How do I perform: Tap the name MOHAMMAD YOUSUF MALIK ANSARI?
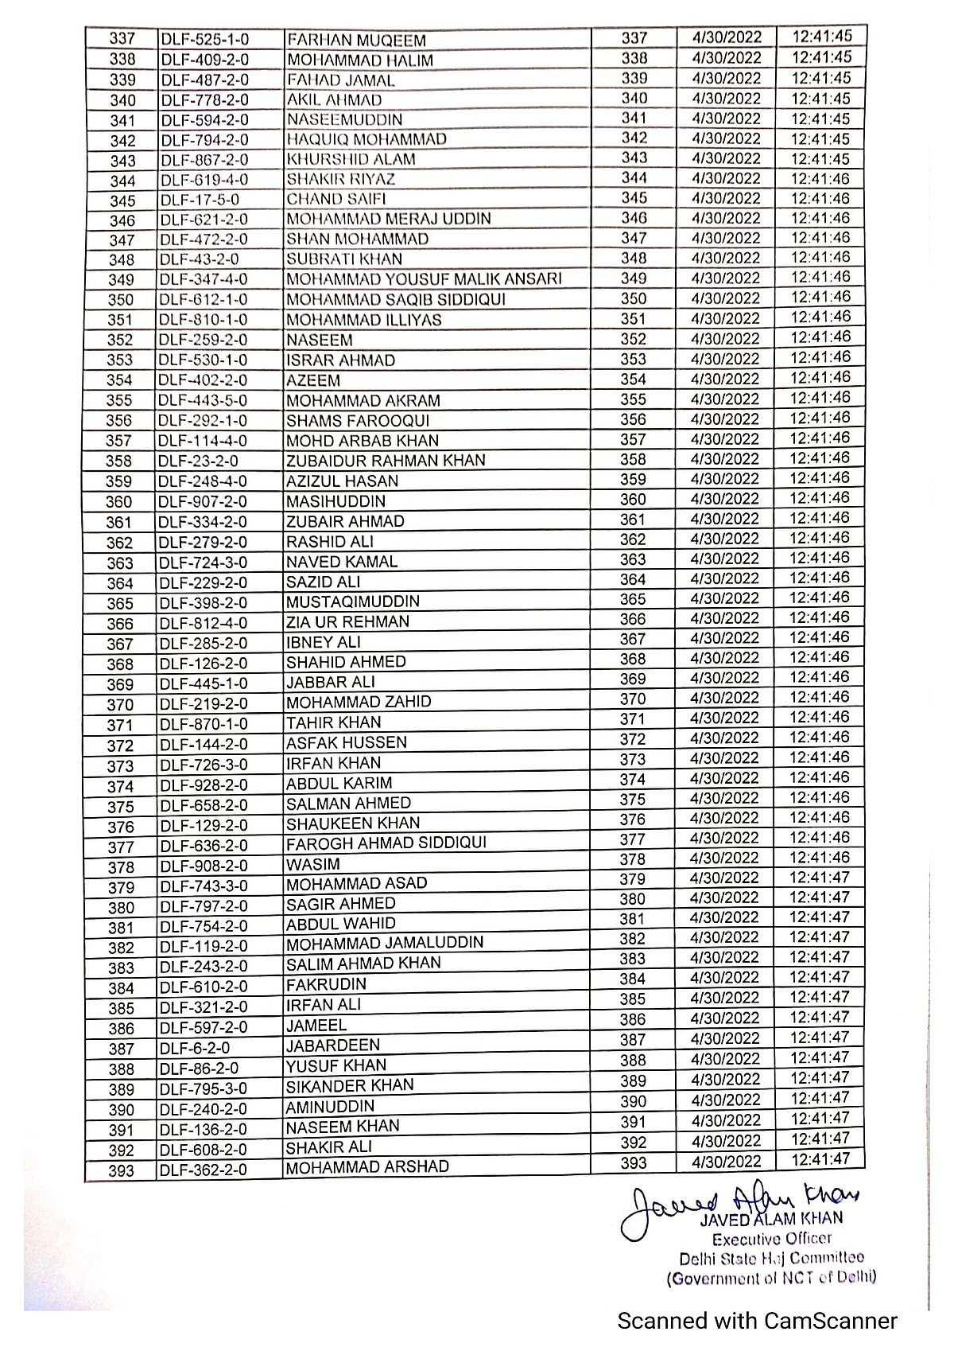424,279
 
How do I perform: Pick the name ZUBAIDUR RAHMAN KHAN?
386,461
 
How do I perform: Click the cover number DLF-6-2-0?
192,1049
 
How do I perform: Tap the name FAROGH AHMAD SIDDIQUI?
386,843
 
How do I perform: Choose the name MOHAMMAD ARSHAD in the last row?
367,1167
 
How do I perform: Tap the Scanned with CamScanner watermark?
758,1322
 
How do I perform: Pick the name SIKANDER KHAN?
350,1086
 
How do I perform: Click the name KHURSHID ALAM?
351,159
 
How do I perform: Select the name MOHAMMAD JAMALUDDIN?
385,944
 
